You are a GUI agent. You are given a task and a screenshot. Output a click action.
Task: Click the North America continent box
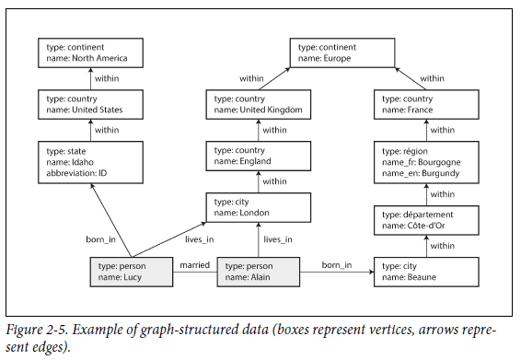pos(90,52)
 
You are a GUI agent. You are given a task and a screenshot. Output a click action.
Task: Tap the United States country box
pos(90,103)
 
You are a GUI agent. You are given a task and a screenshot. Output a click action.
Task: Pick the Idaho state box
pos(90,161)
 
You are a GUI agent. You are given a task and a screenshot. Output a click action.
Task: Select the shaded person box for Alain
pos(258,272)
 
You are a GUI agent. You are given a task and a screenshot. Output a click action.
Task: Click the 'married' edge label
pos(194,265)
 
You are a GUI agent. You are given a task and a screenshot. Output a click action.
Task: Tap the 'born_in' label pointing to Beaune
pos(337,265)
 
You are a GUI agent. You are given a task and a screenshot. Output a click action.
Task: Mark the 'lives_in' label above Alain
pos(277,239)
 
